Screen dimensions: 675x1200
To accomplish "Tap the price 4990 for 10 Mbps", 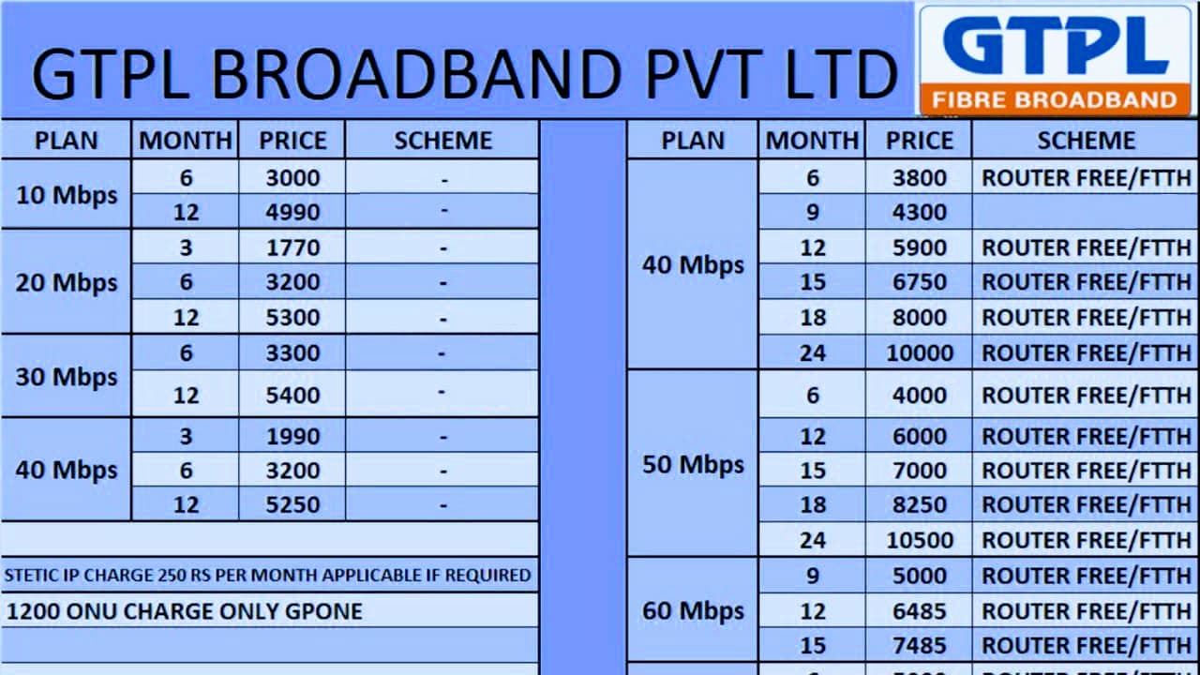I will coord(292,213).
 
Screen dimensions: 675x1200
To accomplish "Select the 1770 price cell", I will coord(292,248).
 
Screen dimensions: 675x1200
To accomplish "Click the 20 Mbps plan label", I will coord(67,282).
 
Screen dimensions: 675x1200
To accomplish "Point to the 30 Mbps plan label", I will coord(67,377).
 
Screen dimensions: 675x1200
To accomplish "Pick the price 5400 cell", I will coord(292,395).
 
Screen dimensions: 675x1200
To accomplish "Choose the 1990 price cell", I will coord(292,437).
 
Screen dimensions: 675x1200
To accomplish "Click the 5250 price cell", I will coord(292,505).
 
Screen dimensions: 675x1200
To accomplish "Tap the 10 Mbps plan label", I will coord(67,195).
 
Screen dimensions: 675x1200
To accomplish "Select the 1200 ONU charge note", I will coord(185,611).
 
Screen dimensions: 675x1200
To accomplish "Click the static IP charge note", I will coord(268,575).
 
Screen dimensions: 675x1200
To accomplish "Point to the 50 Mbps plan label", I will coord(693,464).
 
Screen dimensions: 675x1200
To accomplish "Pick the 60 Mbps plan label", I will coord(693,611).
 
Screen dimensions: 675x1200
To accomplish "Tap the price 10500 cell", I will coord(920,540).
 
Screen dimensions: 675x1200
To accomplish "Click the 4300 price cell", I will coord(920,213).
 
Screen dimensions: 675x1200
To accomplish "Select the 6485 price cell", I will coord(920,611).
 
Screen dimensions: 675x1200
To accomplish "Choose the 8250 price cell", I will coord(920,505).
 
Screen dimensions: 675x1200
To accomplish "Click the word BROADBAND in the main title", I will coord(416,74).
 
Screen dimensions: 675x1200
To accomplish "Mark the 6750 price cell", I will coord(920,282).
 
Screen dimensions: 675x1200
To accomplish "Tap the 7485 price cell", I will coord(920,646).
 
